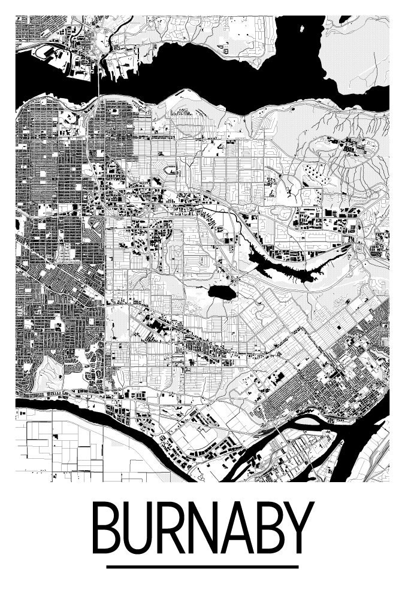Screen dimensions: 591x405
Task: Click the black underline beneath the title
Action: click(202, 566)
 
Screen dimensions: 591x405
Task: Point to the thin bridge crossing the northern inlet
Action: click(98, 84)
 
